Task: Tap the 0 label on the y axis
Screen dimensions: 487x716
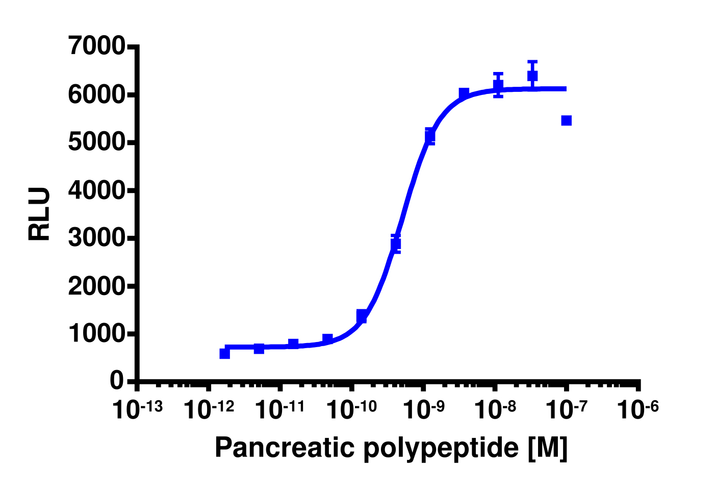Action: coord(117,381)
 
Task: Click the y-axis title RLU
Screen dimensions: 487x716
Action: coord(40,214)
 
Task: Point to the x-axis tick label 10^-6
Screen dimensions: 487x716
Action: coord(637,409)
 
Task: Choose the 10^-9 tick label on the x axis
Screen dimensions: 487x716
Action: coord(423,409)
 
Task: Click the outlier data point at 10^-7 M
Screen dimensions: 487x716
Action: coord(566,120)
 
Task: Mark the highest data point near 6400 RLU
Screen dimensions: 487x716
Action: coord(532,76)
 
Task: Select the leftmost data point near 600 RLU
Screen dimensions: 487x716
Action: coord(224,353)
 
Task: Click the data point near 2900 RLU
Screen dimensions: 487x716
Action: coord(396,243)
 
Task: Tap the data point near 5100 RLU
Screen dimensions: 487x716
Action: coord(430,136)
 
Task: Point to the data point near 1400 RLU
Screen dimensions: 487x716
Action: coord(362,316)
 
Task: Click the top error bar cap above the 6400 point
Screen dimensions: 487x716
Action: coord(532,61)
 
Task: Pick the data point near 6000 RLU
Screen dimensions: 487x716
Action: coord(464,93)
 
